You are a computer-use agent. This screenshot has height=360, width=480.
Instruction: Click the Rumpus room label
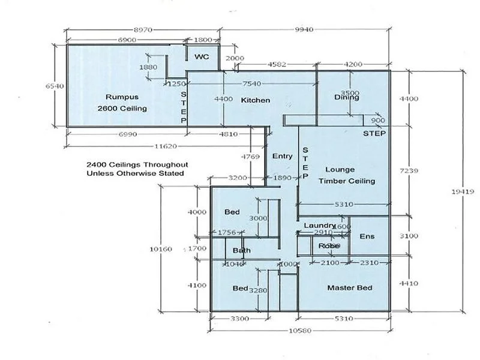pyautogui.click(x=122, y=97)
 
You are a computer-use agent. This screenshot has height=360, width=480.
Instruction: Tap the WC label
pyautogui.click(x=201, y=56)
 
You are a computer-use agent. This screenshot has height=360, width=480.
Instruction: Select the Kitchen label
pyautogui.click(x=256, y=100)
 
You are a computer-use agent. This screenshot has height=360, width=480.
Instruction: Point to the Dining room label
pyautogui.click(x=346, y=98)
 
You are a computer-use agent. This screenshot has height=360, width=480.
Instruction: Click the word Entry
pyautogui.click(x=283, y=156)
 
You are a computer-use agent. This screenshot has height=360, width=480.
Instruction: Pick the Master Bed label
pyautogui.click(x=349, y=288)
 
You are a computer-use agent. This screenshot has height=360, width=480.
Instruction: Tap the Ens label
pyautogui.click(x=367, y=236)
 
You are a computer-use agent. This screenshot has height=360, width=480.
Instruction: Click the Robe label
pyautogui.click(x=329, y=246)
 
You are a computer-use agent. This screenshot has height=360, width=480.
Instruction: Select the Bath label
pyautogui.click(x=242, y=251)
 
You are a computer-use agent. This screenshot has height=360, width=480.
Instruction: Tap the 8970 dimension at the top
pyautogui.click(x=142, y=29)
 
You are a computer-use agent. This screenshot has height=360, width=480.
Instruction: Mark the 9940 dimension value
pyautogui.click(x=304, y=29)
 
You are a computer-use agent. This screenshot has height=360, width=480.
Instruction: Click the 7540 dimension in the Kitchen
pyautogui.click(x=251, y=83)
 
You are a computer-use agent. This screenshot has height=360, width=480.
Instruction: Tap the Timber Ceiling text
pyautogui.click(x=347, y=181)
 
